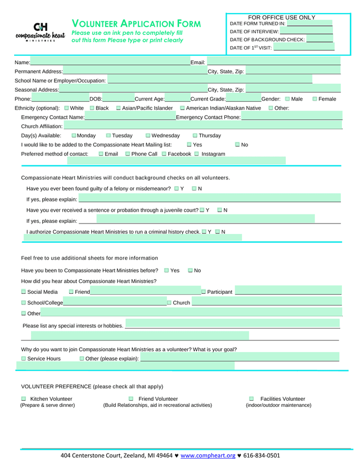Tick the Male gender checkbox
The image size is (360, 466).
pos(287,99)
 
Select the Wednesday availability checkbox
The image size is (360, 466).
pos(148,136)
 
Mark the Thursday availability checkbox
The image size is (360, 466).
pos(195,136)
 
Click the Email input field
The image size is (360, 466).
pos(273,62)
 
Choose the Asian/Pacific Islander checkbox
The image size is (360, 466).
pos(119,108)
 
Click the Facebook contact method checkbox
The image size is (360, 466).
pos(164,154)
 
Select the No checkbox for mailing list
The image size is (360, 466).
pos(237,145)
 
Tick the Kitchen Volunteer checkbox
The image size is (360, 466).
pos(24,399)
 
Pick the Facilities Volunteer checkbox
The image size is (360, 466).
pos(251,399)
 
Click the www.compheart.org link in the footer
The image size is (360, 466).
pos(208,455)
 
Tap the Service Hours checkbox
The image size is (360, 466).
pos(24,359)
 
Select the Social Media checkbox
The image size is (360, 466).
pos(24,292)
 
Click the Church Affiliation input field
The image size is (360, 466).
pos(202,126)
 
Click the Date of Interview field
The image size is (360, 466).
pos(306,32)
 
